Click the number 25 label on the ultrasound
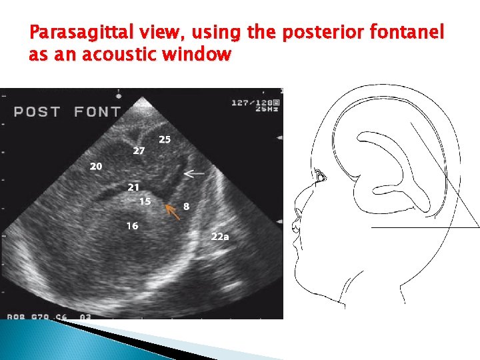click(165, 139)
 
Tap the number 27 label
click(139, 151)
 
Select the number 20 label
click(96, 166)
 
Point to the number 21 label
click(134, 187)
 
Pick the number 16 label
click(133, 226)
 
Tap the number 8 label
click(187, 207)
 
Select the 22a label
click(220, 236)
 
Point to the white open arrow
click(194, 173)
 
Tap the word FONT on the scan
click(97, 111)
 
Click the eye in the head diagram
click(322, 177)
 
